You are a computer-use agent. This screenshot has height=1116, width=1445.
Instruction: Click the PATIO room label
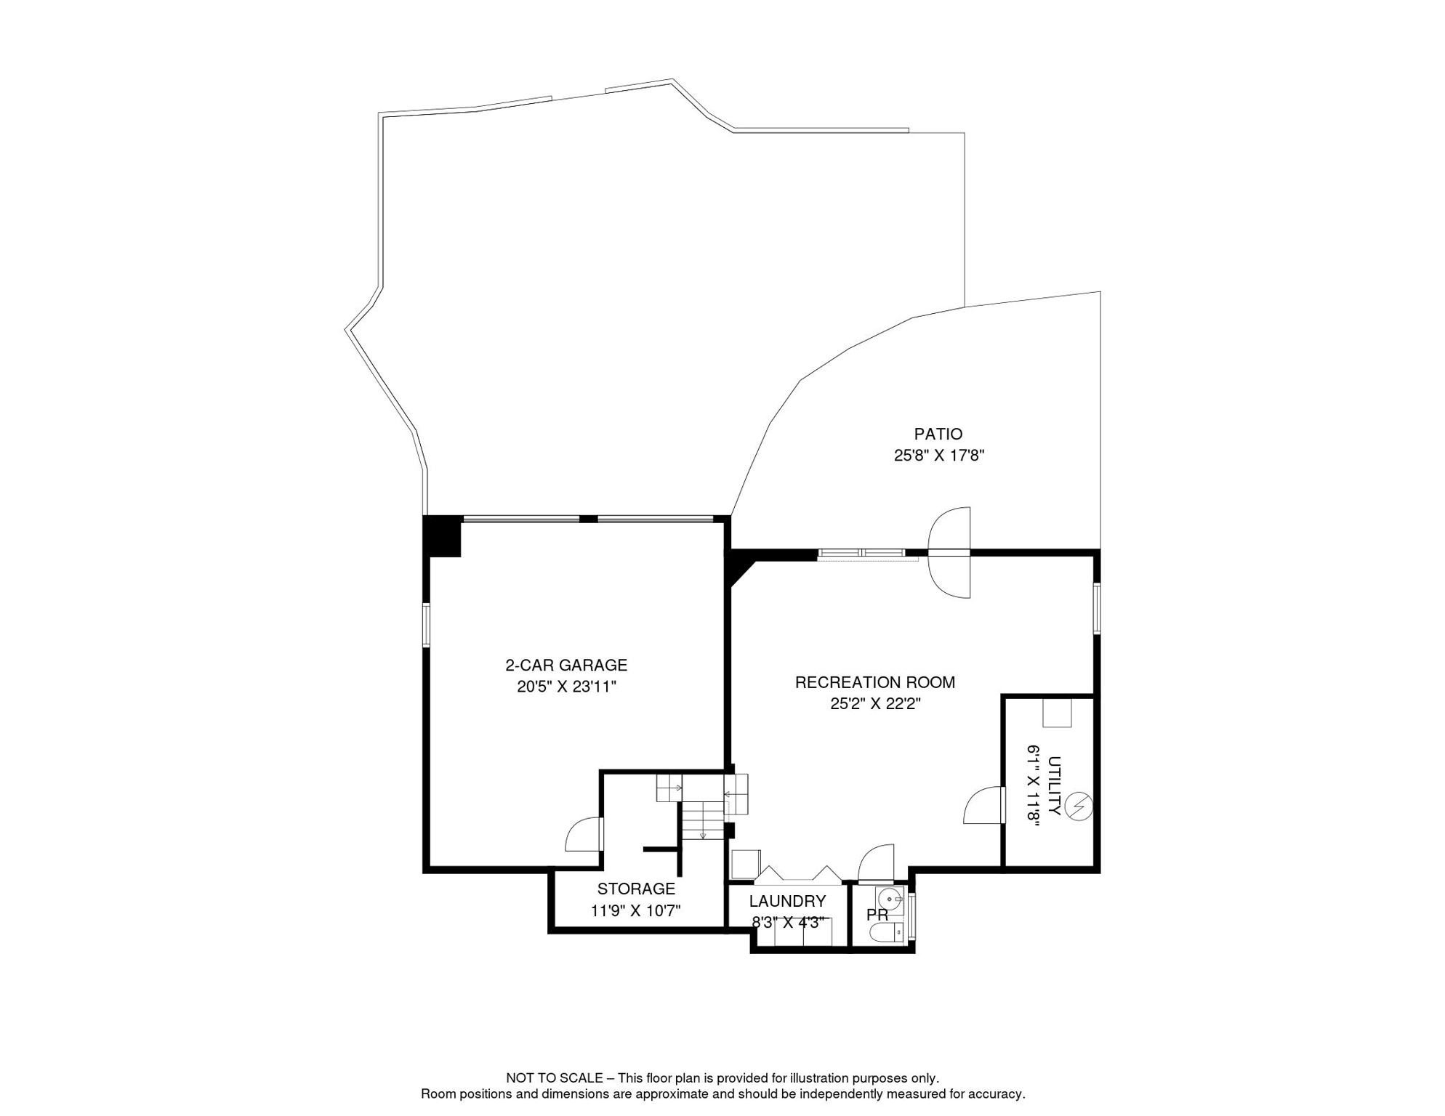tap(938, 434)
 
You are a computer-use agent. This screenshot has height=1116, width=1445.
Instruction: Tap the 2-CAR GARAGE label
tap(566, 665)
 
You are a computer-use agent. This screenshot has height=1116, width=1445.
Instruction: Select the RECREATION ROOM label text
tap(874, 682)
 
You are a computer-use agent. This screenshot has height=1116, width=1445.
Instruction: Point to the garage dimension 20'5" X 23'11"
tap(566, 687)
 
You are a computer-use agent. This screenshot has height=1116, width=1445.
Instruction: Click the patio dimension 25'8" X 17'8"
tap(938, 456)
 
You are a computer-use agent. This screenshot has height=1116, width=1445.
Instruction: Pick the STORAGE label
tap(636, 889)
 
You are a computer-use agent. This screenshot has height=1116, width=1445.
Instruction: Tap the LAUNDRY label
tap(787, 901)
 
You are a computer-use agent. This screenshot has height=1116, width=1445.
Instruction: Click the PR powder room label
tap(877, 915)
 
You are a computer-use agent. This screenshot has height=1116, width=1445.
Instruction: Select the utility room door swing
tap(983, 805)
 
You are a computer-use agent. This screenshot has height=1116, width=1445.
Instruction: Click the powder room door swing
tap(876, 862)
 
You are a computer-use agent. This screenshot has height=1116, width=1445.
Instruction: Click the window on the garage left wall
tap(427, 624)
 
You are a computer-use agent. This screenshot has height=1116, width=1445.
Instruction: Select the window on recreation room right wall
tap(1097, 608)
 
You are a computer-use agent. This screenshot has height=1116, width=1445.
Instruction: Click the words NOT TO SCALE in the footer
tap(555, 1078)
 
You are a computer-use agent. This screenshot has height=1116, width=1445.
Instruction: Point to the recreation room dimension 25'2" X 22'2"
tap(875, 704)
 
